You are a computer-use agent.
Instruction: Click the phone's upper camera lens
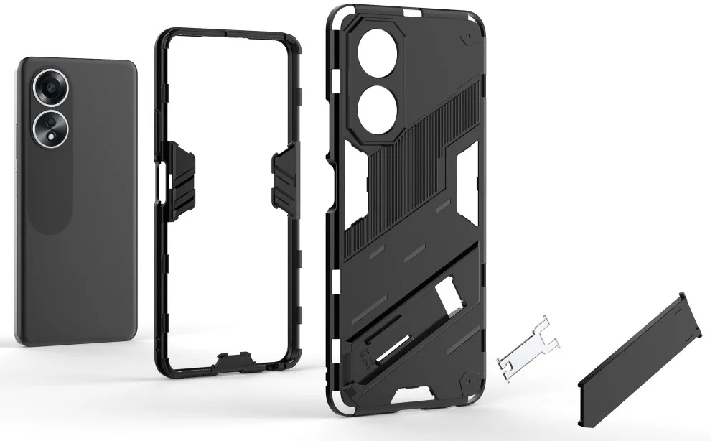coord(52,88)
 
